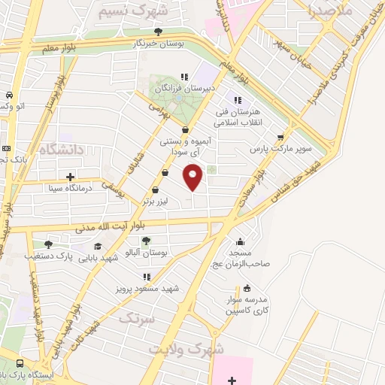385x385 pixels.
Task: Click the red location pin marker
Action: click(x=193, y=178)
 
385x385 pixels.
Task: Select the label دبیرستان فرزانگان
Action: click(x=186, y=88)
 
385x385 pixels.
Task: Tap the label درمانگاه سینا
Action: click(x=70, y=189)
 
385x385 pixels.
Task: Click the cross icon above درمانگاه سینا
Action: click(x=70, y=177)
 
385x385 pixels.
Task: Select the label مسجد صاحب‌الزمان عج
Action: click(x=240, y=258)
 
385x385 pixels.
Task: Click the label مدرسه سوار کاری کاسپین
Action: click(x=247, y=305)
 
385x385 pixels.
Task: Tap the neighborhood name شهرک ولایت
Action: click(x=186, y=350)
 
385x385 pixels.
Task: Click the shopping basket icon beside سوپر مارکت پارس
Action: click(x=280, y=138)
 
